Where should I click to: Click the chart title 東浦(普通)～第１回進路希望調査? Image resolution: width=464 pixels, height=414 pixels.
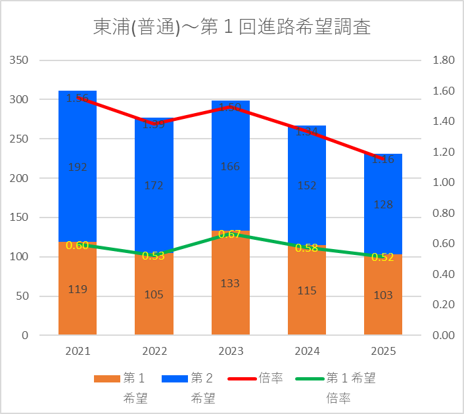231,28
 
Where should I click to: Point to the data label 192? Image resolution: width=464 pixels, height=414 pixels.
78,167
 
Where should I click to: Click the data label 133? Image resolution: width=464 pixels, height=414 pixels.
231,283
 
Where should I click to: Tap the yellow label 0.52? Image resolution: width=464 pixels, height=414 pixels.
383,257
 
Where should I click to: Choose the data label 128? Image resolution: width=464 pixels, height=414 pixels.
383,204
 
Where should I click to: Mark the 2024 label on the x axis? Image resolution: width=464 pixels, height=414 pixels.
307,351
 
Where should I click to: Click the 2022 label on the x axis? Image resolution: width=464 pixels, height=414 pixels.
154,351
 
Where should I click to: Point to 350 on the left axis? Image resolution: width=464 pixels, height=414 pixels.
20,60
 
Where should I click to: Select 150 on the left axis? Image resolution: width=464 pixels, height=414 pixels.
20,218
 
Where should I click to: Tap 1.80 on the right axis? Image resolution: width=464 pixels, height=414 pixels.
444,60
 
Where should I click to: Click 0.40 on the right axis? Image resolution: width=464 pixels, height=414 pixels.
444,274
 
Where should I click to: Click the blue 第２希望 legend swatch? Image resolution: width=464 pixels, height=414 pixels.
173,379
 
